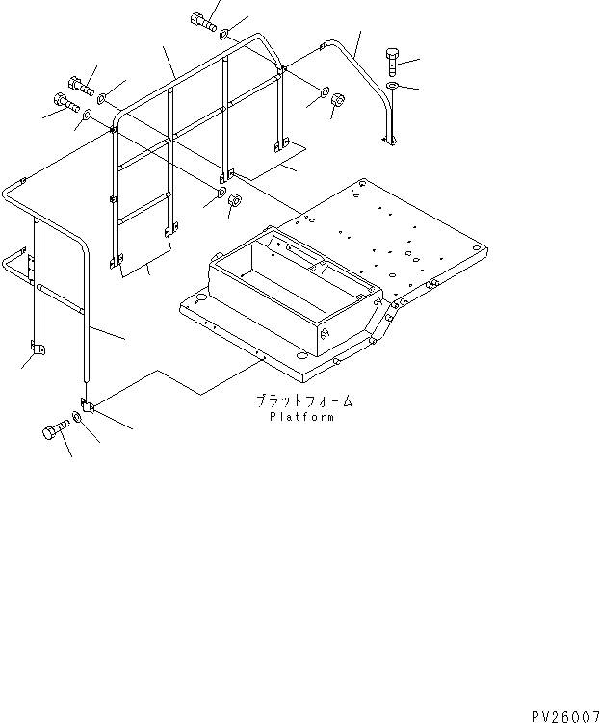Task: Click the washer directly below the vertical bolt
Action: point(393,89)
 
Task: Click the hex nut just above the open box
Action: point(234,200)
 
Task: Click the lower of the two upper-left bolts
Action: point(63,101)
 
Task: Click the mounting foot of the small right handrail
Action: point(389,142)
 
